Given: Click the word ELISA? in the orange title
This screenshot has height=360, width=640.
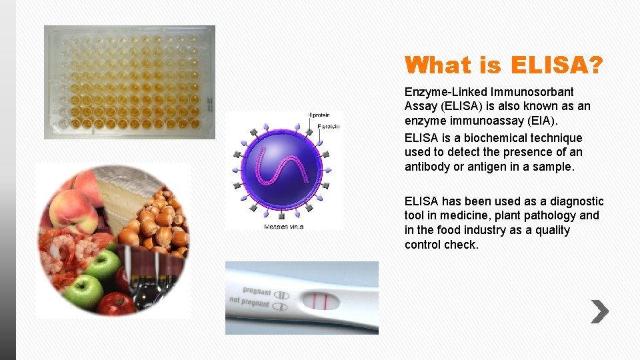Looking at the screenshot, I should pyautogui.click(x=557, y=65).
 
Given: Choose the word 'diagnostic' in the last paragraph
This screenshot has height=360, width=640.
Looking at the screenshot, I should pyautogui.click(x=577, y=201).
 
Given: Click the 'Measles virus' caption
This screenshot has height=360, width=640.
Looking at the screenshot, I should pyautogui.click(x=284, y=227).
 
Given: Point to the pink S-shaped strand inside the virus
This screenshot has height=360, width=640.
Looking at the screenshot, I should pyautogui.click(x=283, y=166).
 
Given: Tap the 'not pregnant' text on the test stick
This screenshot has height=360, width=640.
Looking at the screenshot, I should pyautogui.click(x=249, y=303).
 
